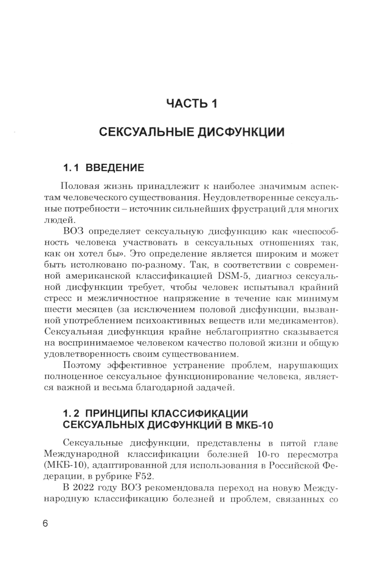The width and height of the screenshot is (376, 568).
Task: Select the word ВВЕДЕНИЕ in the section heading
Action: click(115, 168)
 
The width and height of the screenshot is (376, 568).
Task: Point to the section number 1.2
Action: click(71, 413)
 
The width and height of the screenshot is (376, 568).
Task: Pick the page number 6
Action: click(45, 524)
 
